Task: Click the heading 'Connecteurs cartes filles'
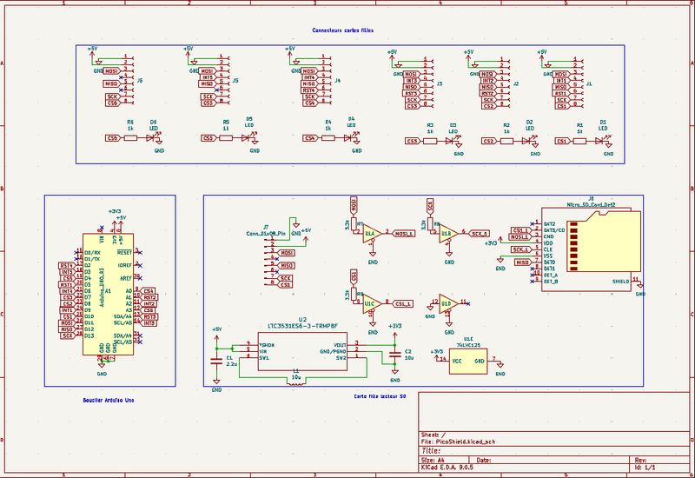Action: tap(344, 31)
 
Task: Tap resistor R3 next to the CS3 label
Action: tap(429, 141)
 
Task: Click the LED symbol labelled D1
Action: tap(602, 141)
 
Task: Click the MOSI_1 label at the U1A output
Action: tap(404, 234)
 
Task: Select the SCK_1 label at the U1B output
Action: tap(479, 234)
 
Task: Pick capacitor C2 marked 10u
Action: tap(395, 355)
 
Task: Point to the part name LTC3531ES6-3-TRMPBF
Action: tap(302, 326)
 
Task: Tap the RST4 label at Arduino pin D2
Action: tap(66, 265)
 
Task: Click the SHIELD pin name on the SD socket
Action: tap(620, 282)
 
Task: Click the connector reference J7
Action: tap(266, 226)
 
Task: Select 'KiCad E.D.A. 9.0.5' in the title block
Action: tap(447, 468)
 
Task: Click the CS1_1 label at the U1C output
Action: tap(401, 303)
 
